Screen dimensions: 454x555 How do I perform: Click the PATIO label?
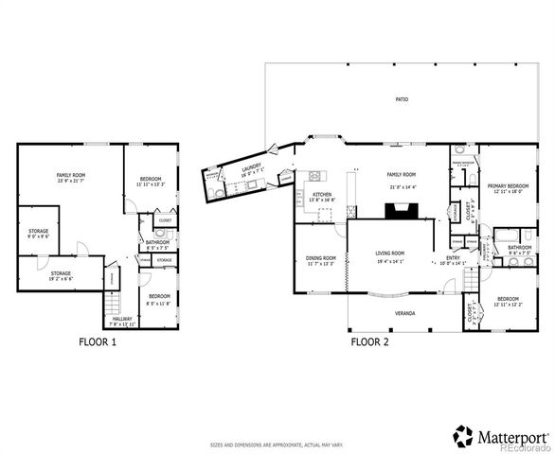pos(402,99)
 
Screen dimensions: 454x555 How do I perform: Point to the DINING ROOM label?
pos(321,259)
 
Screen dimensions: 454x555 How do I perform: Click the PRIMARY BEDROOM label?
pos(508,186)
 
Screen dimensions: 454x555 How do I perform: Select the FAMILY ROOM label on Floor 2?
pos(402,175)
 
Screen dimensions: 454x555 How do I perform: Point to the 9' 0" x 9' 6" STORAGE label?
pos(38,232)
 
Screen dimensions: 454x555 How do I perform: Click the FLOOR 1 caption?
pos(97,342)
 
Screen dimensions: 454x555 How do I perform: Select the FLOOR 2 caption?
pos(369,342)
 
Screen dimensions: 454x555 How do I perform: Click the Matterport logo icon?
pos(463,436)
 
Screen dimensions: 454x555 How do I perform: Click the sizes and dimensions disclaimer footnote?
pos(277,443)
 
